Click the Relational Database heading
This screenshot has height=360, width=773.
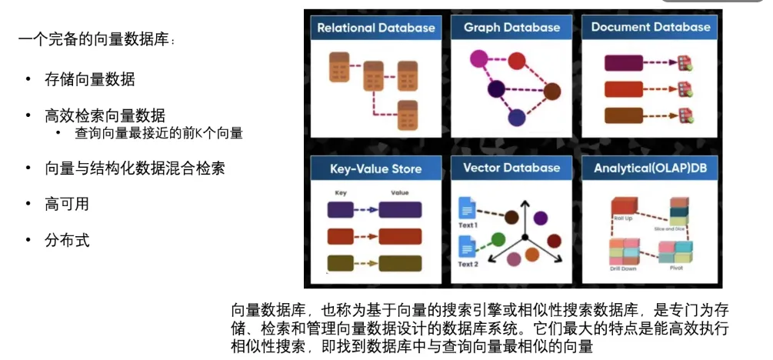pyautogui.click(x=376, y=28)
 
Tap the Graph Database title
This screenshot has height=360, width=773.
pyautogui.click(x=511, y=28)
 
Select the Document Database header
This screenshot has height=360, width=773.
pyautogui.click(x=651, y=27)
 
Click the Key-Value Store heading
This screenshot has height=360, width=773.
pyautogui.click(x=375, y=168)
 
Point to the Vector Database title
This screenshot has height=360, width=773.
pyautogui.click(x=511, y=168)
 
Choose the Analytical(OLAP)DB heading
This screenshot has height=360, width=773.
pyautogui.click(x=651, y=168)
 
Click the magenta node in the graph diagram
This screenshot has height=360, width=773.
pyautogui.click(x=478, y=58)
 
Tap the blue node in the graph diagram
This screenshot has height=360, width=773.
pyautogui.click(x=516, y=118)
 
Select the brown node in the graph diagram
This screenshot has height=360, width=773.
pyautogui.click(x=551, y=92)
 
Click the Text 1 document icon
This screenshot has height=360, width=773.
pyautogui.click(x=467, y=208)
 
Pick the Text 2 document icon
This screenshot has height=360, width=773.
pyautogui.click(x=467, y=247)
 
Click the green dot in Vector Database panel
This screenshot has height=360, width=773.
pyautogui.click(x=498, y=238)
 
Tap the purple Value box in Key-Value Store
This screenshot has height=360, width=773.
pyautogui.click(x=400, y=209)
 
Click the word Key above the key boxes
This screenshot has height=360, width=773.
pyautogui.click(x=341, y=192)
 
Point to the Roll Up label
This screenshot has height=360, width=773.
pyautogui.click(x=623, y=219)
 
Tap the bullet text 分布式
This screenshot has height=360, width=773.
pyautogui.click(x=68, y=241)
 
